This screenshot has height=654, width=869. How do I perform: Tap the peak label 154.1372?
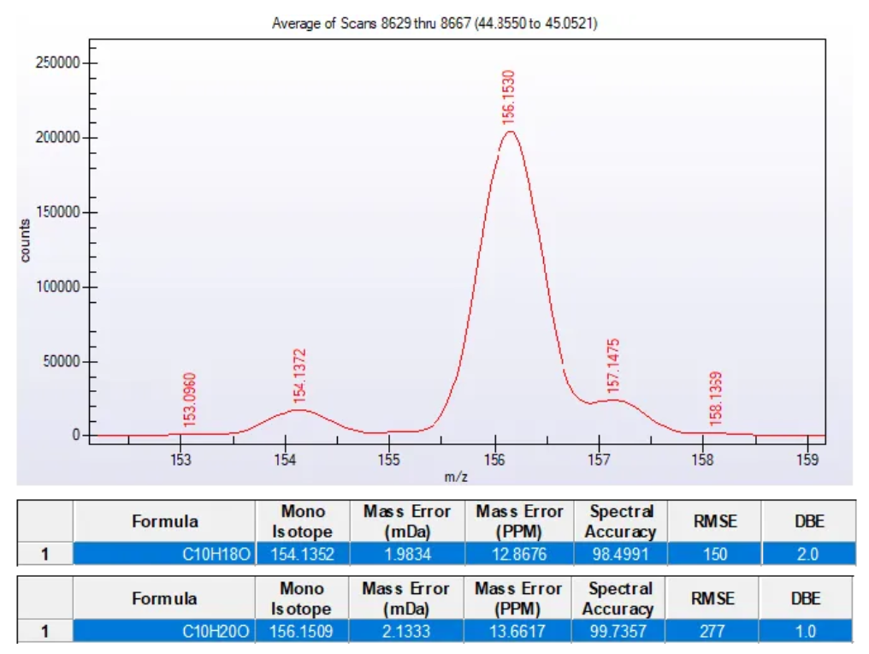point(299,375)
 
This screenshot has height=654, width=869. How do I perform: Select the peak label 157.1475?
point(613,366)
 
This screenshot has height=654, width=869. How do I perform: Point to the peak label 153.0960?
point(190,399)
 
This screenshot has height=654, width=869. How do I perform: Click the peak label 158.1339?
point(716,398)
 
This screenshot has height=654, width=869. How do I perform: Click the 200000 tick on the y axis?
point(59,138)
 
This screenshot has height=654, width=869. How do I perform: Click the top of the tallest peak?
point(510,131)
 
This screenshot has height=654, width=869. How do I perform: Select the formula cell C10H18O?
point(217,554)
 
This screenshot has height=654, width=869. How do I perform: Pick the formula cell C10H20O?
point(217,632)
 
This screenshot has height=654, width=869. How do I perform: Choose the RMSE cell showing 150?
point(715,554)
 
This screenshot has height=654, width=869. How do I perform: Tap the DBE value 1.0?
point(807,632)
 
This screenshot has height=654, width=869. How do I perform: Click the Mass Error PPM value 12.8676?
point(519,554)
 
